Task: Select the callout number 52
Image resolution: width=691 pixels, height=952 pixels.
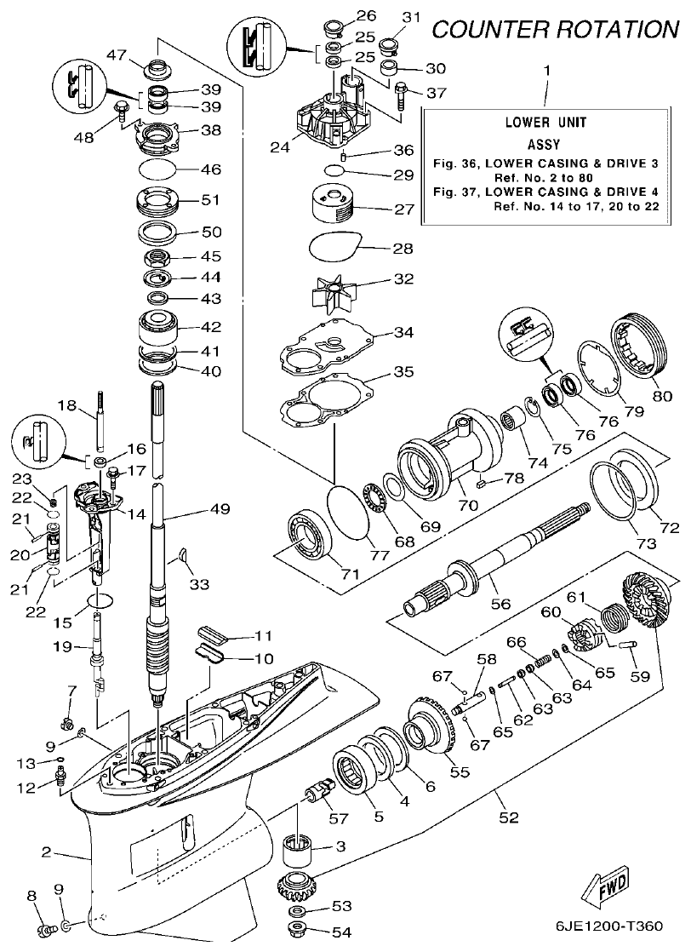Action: coord(508,818)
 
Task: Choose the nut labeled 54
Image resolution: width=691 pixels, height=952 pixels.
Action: coord(300,932)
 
